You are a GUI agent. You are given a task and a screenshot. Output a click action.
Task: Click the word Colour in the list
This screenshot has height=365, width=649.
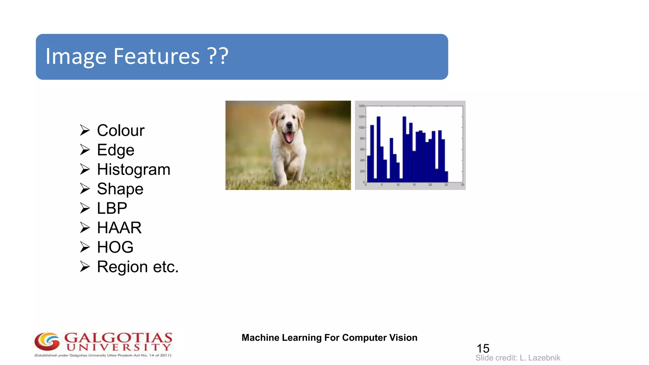(120, 131)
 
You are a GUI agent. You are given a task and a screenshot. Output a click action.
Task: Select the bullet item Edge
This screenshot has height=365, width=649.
(116, 150)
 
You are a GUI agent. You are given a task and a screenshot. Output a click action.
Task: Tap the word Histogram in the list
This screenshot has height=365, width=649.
(133, 170)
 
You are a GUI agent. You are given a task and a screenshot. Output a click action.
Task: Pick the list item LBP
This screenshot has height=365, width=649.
(112, 208)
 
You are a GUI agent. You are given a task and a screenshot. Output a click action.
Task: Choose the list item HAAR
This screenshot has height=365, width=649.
(119, 228)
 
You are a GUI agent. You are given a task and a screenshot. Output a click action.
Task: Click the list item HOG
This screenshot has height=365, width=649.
(115, 247)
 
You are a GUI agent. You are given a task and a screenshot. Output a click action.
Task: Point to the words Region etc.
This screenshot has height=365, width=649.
(138, 267)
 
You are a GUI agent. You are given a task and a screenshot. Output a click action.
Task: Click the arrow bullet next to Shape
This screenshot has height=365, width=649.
(85, 189)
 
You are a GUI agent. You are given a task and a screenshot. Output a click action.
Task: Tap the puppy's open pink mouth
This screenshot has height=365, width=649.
(289, 137)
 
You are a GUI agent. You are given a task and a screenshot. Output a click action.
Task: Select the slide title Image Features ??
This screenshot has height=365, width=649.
(137, 56)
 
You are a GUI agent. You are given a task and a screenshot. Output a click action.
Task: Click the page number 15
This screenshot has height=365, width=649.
(483, 349)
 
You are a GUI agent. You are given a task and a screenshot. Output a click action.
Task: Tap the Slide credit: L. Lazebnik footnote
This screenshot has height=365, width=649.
(518, 358)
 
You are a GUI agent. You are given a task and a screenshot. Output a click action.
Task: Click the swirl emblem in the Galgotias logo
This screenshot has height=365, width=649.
(47, 342)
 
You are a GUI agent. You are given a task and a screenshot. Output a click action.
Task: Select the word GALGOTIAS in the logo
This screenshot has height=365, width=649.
(119, 337)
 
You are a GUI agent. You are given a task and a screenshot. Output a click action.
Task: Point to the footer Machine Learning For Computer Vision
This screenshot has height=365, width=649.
(329, 338)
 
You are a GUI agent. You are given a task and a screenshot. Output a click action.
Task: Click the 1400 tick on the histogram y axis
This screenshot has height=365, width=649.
(361, 106)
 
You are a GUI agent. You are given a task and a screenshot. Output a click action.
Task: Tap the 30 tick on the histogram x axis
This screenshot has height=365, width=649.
(462, 185)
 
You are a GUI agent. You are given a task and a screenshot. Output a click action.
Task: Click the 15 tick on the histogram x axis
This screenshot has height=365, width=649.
(414, 185)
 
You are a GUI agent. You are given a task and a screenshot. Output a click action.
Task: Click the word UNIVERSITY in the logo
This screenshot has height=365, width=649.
(119, 348)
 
